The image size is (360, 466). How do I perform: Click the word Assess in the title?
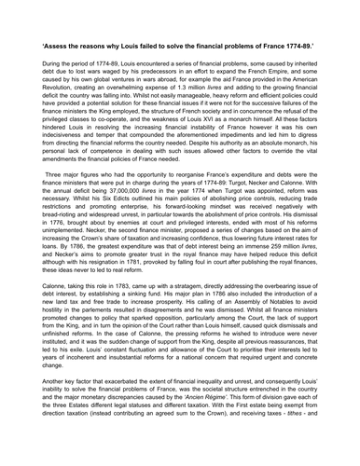60,44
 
